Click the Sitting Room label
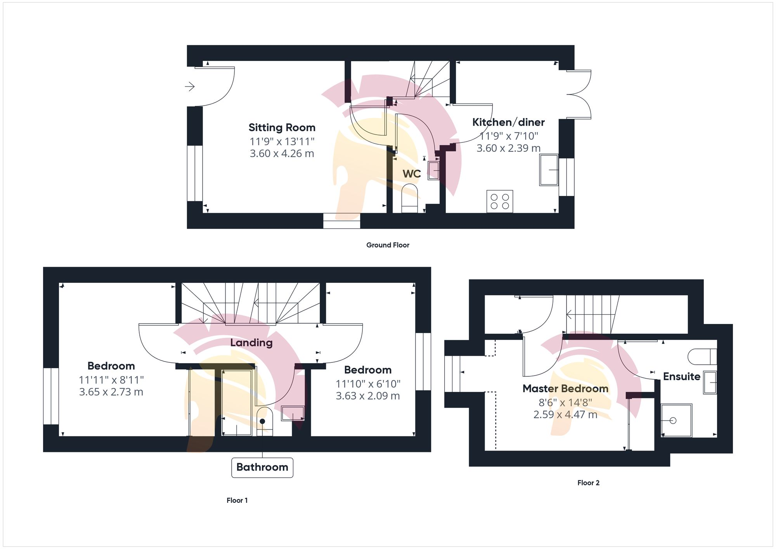tap(282, 128)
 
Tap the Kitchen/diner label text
tap(508, 122)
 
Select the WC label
tap(412, 174)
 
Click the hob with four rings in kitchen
tap(500, 201)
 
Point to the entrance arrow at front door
tap(190, 86)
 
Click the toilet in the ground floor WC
tap(410, 198)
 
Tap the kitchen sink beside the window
tap(549, 170)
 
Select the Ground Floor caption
tap(388, 245)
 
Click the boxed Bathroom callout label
tap(262, 467)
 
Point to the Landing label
tap(251, 343)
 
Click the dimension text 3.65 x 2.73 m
tap(111, 392)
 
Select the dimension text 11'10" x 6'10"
tap(368, 384)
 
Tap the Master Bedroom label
tap(565, 388)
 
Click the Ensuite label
tap(681, 376)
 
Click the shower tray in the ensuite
tap(676, 421)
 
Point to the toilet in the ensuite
tap(702, 356)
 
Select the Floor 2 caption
tap(588, 483)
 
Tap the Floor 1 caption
tap(237, 501)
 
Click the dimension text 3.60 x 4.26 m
tap(282, 154)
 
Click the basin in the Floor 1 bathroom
tap(293, 413)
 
